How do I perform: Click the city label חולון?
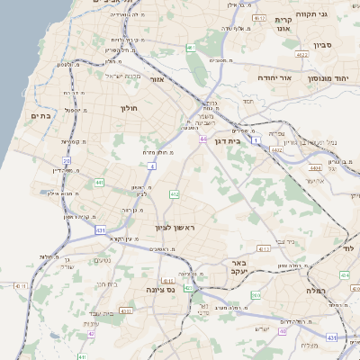(x=127, y=108)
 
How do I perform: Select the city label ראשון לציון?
(x=175, y=228)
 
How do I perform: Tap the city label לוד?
(x=350, y=247)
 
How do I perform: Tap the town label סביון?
(x=325, y=43)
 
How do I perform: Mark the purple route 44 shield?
(x=204, y=139)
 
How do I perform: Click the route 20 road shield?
(x=67, y=161)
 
